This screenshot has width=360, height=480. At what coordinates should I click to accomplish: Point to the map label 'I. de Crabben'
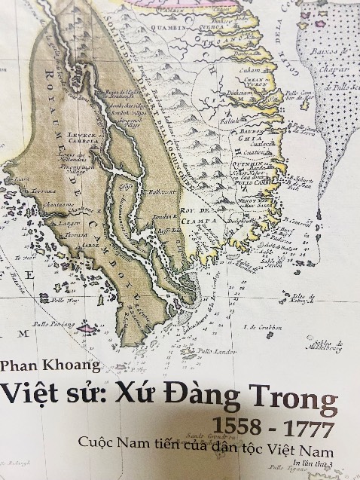[x=261, y=327]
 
